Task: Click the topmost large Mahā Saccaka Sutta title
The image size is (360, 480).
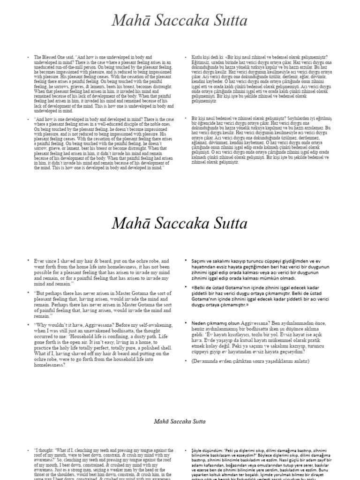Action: [x=180, y=21]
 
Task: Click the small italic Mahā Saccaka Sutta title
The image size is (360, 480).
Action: [x=180, y=421]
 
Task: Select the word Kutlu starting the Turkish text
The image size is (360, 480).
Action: [x=197, y=57]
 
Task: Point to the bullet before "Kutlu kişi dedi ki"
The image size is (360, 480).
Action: [x=187, y=57]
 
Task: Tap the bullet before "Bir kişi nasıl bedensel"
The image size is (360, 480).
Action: [x=187, y=119]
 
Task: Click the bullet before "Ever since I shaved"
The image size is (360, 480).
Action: [x=28, y=260]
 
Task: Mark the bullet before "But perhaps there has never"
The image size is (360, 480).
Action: [x=28, y=293]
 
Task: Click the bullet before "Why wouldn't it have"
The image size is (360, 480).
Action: [x=28, y=324]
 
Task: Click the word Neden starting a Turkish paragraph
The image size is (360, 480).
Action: [x=200, y=323]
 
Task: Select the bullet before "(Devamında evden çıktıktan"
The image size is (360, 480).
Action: [x=187, y=361]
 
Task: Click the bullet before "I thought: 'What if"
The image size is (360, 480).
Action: [x=28, y=450]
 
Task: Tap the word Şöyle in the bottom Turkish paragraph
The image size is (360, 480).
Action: [x=197, y=450]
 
